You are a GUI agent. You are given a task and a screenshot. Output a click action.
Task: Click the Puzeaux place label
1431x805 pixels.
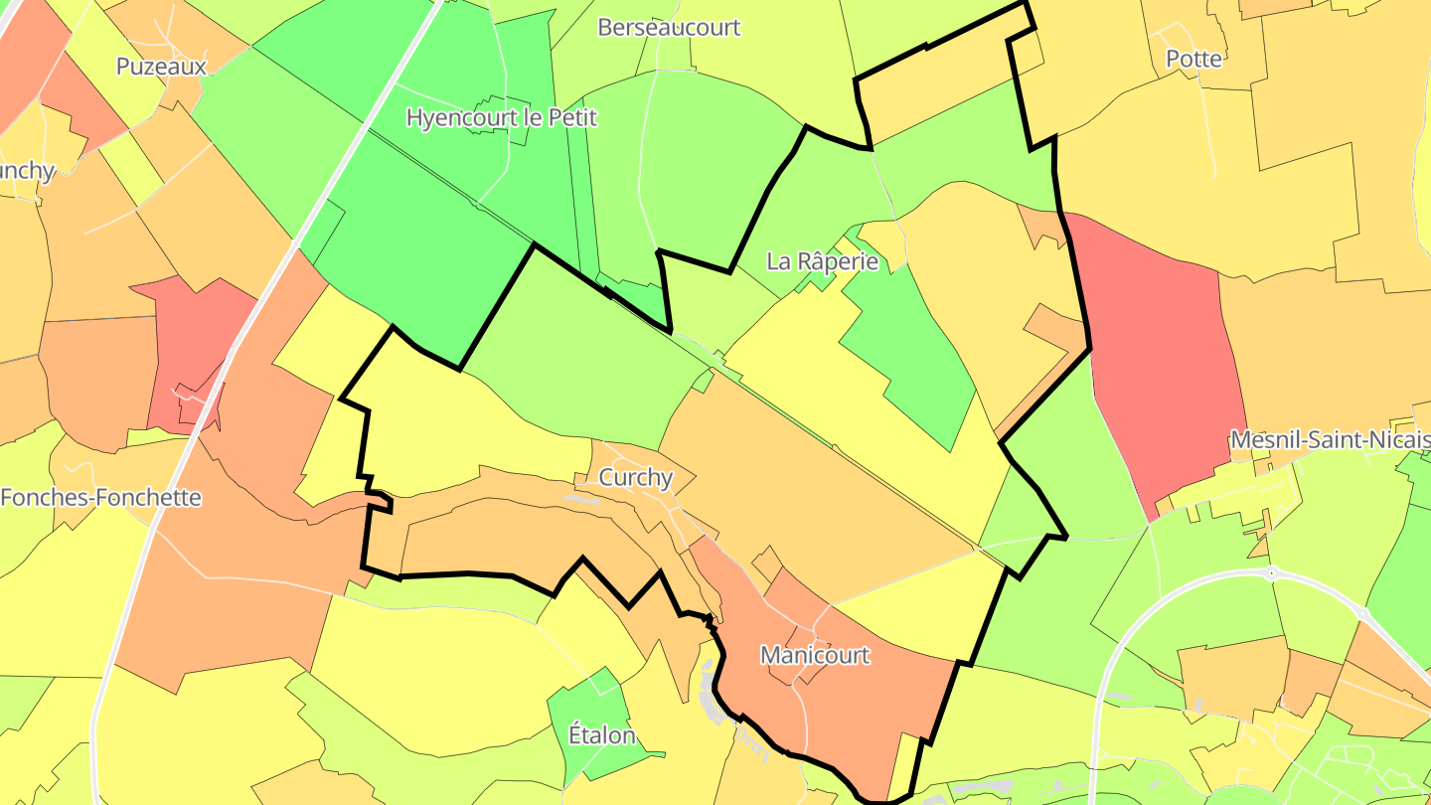(x=161, y=67)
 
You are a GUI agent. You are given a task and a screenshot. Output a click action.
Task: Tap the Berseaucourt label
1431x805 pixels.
(x=669, y=27)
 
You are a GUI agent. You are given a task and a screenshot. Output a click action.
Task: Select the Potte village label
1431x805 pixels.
(x=1193, y=59)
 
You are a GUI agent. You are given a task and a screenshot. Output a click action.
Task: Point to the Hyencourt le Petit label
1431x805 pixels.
(x=502, y=117)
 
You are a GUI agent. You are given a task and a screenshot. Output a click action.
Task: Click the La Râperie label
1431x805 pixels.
(x=823, y=261)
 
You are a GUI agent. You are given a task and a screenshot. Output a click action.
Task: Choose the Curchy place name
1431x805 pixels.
(x=636, y=477)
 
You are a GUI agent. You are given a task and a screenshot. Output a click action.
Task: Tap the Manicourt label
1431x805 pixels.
(x=815, y=655)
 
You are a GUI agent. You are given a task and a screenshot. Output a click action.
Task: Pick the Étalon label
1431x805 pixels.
(x=601, y=735)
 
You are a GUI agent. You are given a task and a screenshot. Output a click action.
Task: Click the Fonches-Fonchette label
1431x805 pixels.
(x=100, y=498)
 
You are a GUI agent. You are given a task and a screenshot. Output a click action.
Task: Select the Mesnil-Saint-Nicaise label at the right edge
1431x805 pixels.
(x=1330, y=439)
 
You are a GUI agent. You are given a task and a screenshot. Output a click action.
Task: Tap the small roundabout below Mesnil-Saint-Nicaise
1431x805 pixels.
(x=1271, y=573)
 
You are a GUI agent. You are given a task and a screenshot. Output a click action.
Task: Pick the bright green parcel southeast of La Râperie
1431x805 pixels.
(x=909, y=358)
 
